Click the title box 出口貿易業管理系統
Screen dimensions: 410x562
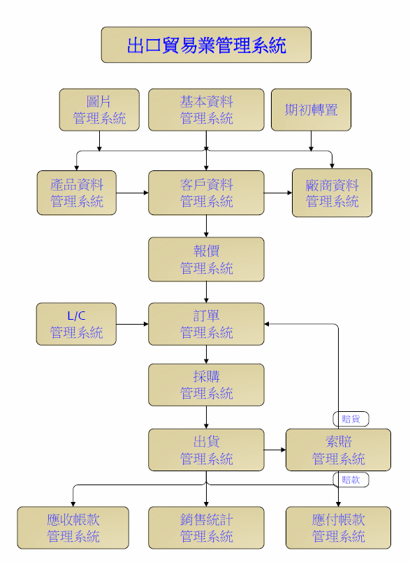click(206, 45)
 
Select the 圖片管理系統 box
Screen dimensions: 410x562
click(99, 110)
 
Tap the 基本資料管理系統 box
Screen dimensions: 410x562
click(206, 110)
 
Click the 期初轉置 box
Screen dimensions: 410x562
click(311, 110)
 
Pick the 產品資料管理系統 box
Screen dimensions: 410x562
click(77, 193)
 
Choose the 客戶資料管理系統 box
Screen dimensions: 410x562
click(206, 193)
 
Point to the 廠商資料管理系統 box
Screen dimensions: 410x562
click(332, 193)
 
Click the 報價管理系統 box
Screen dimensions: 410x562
click(206, 259)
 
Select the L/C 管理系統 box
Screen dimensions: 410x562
click(76, 324)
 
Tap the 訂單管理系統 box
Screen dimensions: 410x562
click(206, 324)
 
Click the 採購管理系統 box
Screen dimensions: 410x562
click(206, 385)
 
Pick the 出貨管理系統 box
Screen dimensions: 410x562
click(206, 450)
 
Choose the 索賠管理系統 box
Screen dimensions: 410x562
click(338, 450)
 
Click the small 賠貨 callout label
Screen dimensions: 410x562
click(351, 419)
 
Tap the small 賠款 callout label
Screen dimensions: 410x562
click(351, 480)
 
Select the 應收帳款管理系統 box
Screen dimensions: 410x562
click(73, 528)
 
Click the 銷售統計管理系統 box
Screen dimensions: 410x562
click(206, 528)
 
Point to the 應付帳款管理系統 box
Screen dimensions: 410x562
click(338, 528)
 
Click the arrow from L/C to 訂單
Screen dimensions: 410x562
click(133, 324)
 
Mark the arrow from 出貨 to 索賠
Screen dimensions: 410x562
click(274, 450)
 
